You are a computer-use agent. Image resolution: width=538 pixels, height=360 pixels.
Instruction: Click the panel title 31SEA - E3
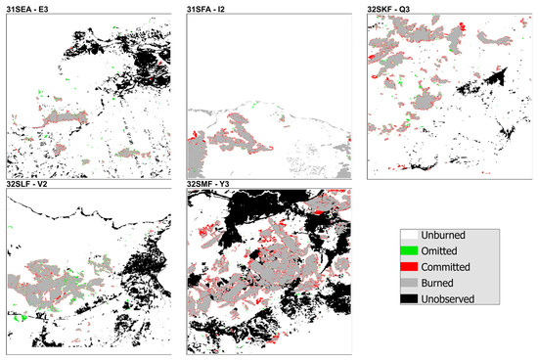30,9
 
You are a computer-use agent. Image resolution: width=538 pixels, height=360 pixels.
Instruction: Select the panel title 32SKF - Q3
395,9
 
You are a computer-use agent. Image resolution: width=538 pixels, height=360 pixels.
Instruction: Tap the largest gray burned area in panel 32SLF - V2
64,284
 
